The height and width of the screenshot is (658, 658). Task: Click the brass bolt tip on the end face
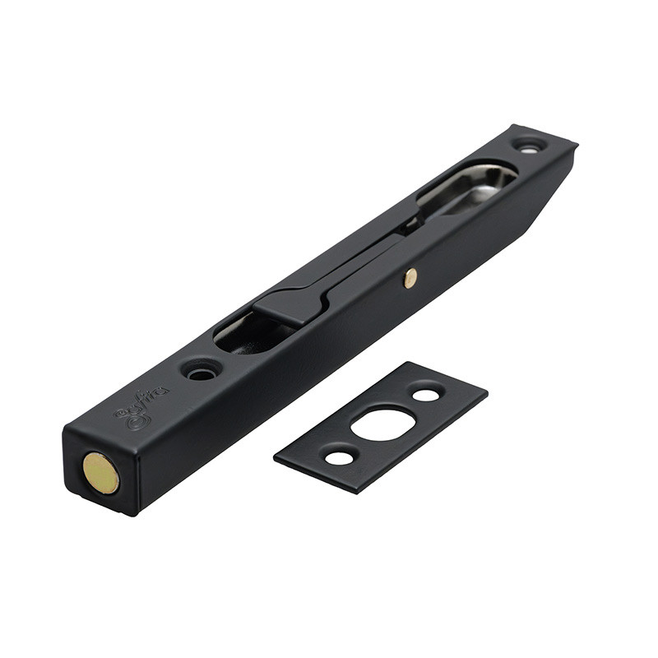coord(100,473)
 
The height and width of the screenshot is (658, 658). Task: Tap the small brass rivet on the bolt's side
coord(410,278)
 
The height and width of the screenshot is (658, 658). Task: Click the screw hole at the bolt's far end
coord(528,146)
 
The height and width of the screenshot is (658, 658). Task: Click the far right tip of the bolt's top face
coord(577,146)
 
